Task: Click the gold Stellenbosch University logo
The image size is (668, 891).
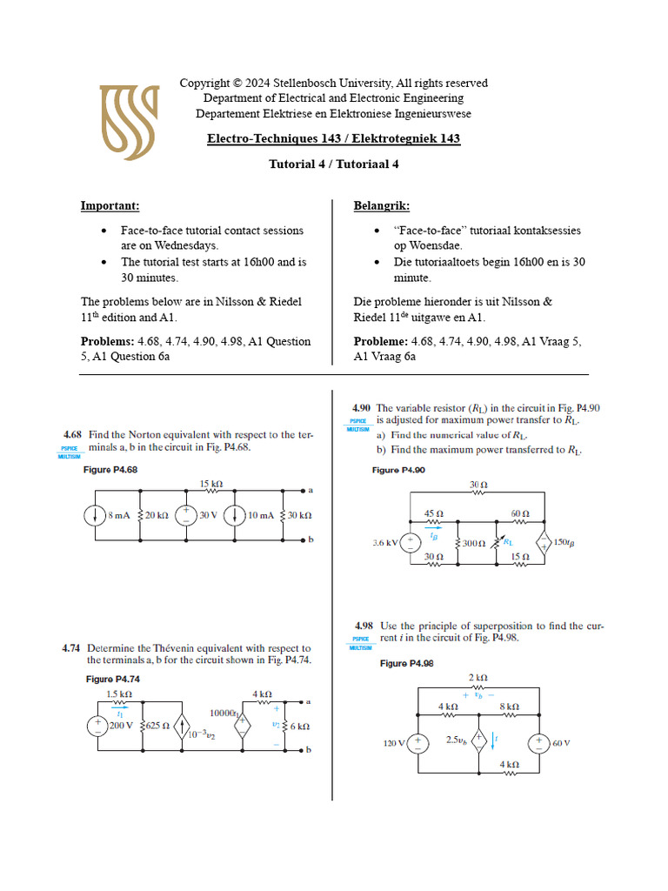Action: [x=129, y=122]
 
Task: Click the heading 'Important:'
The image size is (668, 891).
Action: [x=110, y=206]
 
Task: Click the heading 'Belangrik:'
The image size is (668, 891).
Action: [x=381, y=206]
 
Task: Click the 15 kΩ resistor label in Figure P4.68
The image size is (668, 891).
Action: [x=211, y=483]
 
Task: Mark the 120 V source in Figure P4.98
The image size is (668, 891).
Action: [x=418, y=742]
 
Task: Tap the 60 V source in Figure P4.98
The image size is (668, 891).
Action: [x=539, y=742]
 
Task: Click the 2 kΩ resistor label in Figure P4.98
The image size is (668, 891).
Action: [x=478, y=678]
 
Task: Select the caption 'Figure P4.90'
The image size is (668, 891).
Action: [x=398, y=470]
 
